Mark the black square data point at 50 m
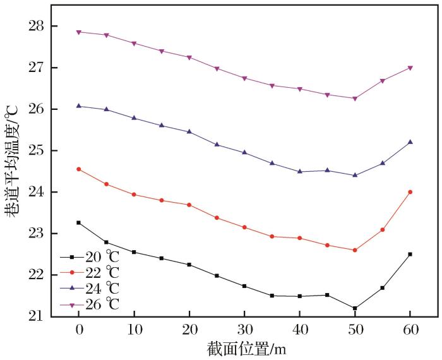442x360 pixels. click(x=355, y=308)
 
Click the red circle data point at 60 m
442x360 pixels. click(x=410, y=192)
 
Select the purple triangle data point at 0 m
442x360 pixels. click(x=79, y=32)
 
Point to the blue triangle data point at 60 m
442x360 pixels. click(x=410, y=142)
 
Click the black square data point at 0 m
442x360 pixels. click(x=79, y=222)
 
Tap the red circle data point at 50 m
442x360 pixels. click(x=355, y=250)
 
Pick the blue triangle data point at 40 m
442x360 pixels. click(x=299, y=171)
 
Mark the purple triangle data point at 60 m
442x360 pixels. click(x=410, y=68)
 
